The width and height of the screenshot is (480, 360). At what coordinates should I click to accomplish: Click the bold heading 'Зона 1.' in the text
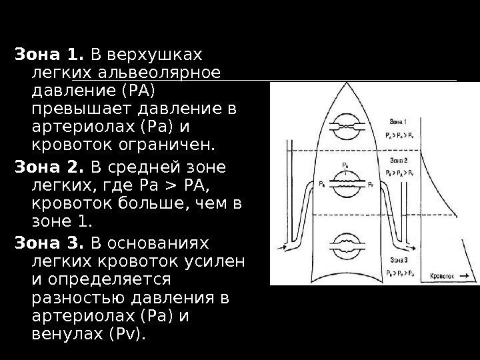(49, 53)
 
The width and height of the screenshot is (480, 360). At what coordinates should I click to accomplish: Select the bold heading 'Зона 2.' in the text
(49, 166)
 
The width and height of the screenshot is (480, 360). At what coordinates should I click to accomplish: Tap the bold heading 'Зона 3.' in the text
(49, 241)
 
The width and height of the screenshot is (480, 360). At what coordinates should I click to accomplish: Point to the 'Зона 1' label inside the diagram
(401, 123)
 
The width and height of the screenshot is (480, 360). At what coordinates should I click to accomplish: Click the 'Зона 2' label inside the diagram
(401, 161)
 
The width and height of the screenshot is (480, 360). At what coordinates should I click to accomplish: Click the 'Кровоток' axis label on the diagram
(441, 275)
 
